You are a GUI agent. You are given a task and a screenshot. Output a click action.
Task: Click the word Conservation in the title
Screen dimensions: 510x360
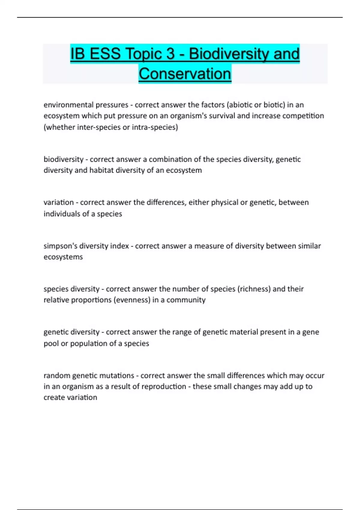point(185,74)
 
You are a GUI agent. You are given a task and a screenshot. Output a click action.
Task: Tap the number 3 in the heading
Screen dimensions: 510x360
point(170,54)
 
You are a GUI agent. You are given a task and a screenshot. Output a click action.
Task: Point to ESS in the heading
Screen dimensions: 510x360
point(105,54)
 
